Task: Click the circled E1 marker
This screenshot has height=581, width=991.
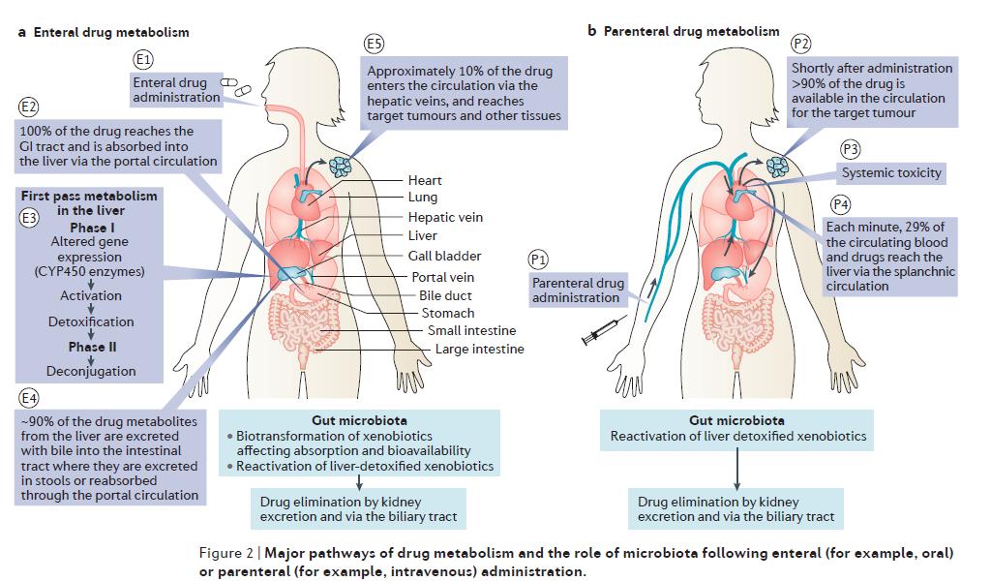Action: [x=141, y=60]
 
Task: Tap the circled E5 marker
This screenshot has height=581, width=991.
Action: [x=374, y=44]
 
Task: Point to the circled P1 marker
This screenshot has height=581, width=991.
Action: [x=538, y=259]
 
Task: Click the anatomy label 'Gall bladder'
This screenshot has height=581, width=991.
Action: [x=444, y=256]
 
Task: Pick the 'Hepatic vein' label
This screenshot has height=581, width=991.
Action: [x=444, y=217]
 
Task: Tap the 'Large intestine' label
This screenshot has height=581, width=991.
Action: [x=479, y=349]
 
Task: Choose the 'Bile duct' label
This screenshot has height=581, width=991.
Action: [x=446, y=294]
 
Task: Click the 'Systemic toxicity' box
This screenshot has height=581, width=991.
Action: [x=891, y=173]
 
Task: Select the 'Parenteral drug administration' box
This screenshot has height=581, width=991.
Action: [x=576, y=290]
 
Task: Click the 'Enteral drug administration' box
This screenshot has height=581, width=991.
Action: [x=176, y=90]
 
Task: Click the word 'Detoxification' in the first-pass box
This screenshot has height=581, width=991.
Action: [x=91, y=321]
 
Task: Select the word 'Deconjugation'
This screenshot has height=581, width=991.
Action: [x=91, y=371]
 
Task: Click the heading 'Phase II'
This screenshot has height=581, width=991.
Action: [x=92, y=347]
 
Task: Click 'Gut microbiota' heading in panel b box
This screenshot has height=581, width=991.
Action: [x=737, y=420]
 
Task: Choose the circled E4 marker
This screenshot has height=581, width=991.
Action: [x=28, y=398]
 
